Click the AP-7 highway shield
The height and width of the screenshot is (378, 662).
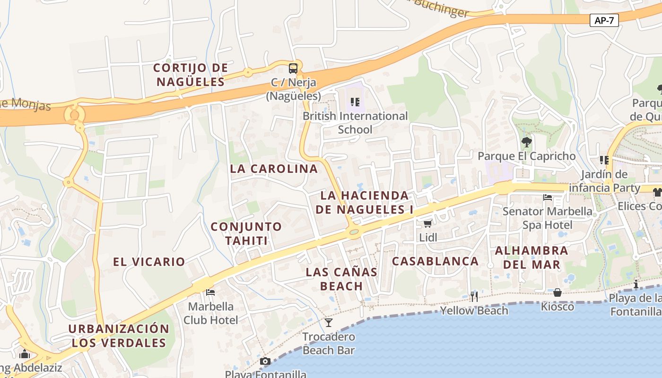coord(604,20)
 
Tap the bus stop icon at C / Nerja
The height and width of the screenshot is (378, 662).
coord(293,68)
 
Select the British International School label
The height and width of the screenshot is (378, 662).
coord(355,122)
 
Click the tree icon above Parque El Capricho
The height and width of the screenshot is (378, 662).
coord(526,142)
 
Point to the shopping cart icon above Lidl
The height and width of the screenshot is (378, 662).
coord(428,223)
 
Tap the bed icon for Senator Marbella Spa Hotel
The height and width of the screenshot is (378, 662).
coord(548,197)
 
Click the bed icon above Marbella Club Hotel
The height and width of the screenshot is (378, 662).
coord(210,292)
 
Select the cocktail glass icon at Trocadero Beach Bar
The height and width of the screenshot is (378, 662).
coord(329,323)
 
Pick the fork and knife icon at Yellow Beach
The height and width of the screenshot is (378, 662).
coord(474,296)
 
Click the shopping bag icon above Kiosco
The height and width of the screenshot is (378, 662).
coord(557,292)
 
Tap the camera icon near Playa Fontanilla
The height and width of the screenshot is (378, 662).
coord(265,361)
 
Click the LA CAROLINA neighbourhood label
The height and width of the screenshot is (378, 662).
coord(274,169)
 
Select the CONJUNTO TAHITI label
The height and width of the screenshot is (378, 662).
coord(246,233)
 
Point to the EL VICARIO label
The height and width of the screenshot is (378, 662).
coord(149,261)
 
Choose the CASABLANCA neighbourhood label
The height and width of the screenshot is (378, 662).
coord(435,261)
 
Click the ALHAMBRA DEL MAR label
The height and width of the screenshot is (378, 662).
coord(531,257)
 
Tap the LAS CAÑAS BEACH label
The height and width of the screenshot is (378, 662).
coord(341,279)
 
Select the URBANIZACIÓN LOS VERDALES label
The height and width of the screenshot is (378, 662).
coord(119,335)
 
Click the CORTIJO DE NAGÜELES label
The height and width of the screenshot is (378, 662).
coord(191,75)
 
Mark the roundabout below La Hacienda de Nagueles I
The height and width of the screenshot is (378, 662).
coord(354,232)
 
